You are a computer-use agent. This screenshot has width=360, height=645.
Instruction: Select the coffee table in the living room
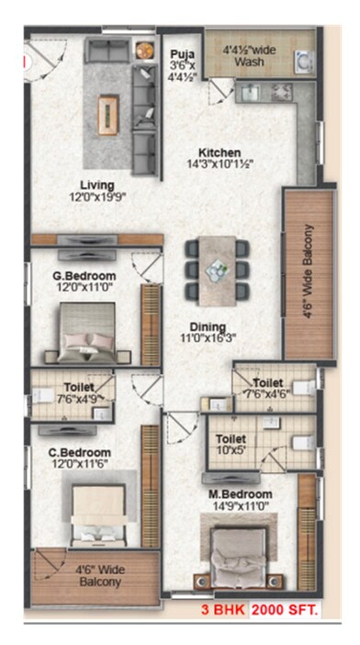110,114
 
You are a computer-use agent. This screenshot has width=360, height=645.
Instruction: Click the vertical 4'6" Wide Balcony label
309,273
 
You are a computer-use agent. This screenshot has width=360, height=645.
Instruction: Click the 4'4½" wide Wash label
246,55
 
